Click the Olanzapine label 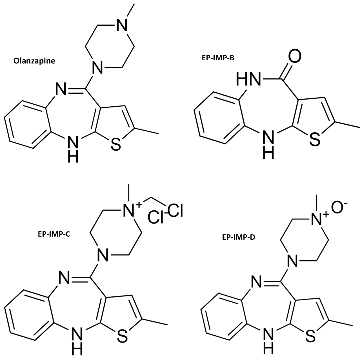[34, 61]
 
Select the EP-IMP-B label [218, 58]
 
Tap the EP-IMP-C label [54, 234]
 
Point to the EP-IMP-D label [239, 237]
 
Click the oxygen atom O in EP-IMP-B [295, 56]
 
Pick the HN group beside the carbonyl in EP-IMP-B [248, 79]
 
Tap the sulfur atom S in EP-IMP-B [315, 139]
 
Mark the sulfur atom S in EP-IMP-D [310, 336]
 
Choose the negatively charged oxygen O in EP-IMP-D [338, 207]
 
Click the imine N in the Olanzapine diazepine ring [61, 89]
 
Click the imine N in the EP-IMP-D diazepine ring [257, 282]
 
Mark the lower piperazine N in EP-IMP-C [103, 256]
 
